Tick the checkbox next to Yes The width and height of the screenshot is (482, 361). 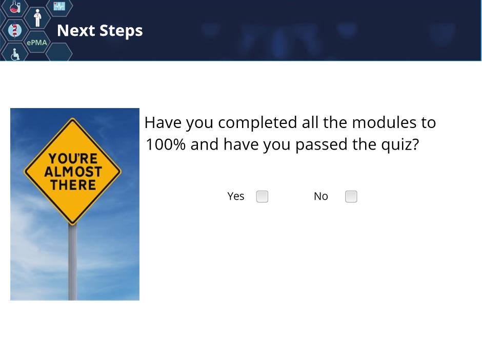262,197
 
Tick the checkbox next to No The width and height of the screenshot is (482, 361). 351,197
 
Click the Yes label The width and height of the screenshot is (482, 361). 236,196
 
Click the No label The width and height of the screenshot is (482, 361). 321,196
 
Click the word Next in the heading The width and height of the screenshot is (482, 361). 76,30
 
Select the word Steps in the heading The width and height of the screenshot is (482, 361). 121,31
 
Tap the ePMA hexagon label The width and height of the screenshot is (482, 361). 37,43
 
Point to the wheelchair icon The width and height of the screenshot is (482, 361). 15,54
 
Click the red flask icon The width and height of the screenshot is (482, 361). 15,7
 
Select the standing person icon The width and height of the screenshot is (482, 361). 37,18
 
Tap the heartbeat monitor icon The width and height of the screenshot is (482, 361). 59,6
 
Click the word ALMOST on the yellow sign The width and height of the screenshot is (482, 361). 73,172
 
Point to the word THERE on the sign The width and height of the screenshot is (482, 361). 73,185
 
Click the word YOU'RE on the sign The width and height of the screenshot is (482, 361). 73,159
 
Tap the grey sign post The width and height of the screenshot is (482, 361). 72,263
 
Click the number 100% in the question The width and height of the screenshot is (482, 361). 166,144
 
